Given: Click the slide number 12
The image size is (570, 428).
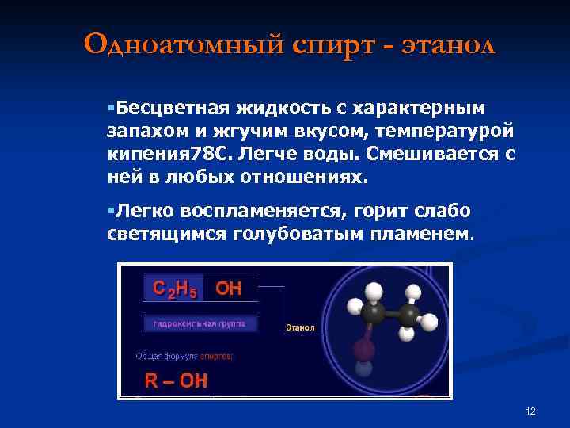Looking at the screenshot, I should pyautogui.click(x=530, y=411).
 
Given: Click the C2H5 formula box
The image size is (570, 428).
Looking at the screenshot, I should pyautogui.click(x=174, y=289).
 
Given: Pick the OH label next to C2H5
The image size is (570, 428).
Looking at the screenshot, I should pyautogui.click(x=229, y=289).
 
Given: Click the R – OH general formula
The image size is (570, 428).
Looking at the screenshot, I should pyautogui.click(x=175, y=381).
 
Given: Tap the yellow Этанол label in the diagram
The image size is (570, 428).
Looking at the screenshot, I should pyautogui.click(x=300, y=327).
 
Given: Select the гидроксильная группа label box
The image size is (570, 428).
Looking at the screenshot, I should pyautogui.click(x=199, y=323).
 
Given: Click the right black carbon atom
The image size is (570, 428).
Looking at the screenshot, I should pyautogui.click(x=409, y=315).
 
